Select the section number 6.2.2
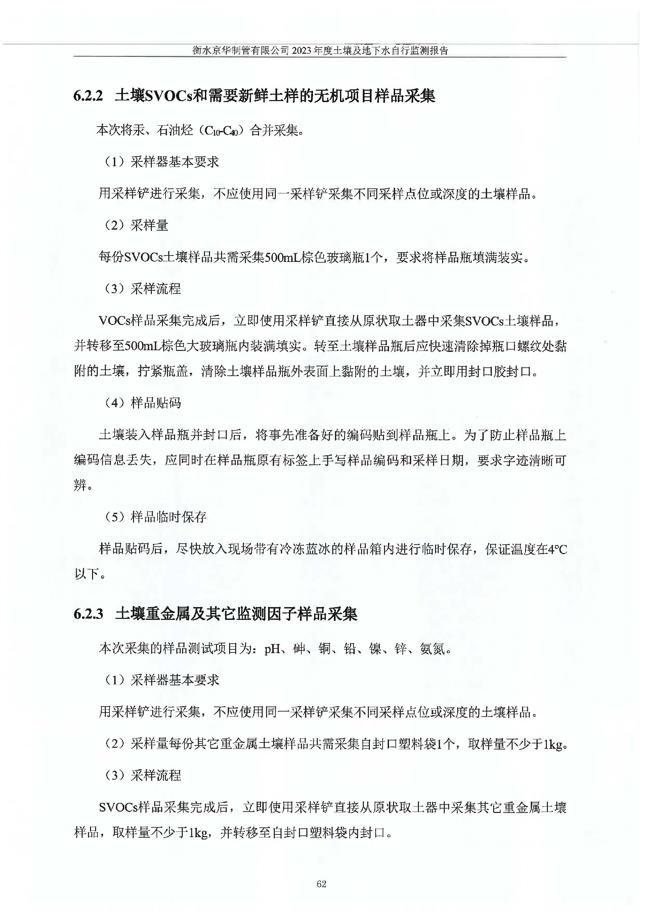tap(88, 96)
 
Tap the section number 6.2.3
tap(88, 614)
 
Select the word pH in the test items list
tap(272, 649)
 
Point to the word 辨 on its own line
tap(80, 485)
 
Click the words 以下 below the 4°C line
tap(87, 574)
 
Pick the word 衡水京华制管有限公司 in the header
tap(241, 51)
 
